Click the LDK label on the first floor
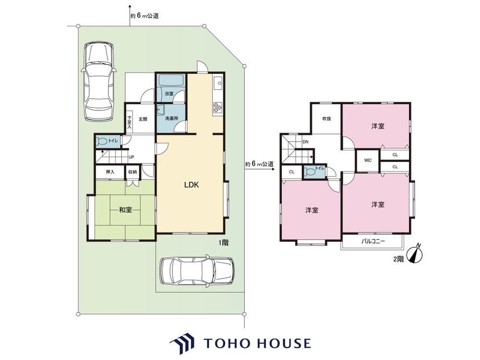192,185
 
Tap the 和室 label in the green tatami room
125,210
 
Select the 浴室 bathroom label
169,94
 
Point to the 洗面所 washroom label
171,119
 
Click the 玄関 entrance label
143,119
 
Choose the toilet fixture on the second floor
309,172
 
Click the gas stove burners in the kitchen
217,107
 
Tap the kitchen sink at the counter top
218,83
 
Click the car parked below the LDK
197,271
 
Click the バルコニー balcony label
373,241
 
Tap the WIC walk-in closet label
368,160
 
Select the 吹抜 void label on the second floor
326,119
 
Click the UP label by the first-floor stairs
131,157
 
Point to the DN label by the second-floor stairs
305,142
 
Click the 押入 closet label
110,172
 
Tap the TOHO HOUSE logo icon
182,345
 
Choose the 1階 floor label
223,243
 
